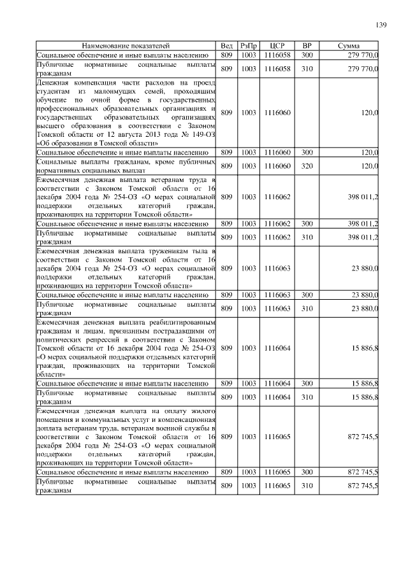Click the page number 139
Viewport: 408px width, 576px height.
(x=381, y=25)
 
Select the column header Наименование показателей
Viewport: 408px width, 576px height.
(x=126, y=46)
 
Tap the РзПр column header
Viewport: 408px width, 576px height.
(x=249, y=46)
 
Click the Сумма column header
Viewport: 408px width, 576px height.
(x=349, y=46)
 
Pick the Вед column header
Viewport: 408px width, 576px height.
(x=226, y=46)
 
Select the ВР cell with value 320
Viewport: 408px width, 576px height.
(x=307, y=165)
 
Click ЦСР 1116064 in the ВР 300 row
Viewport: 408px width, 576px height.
(x=277, y=384)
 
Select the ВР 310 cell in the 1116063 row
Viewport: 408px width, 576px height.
(x=307, y=309)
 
